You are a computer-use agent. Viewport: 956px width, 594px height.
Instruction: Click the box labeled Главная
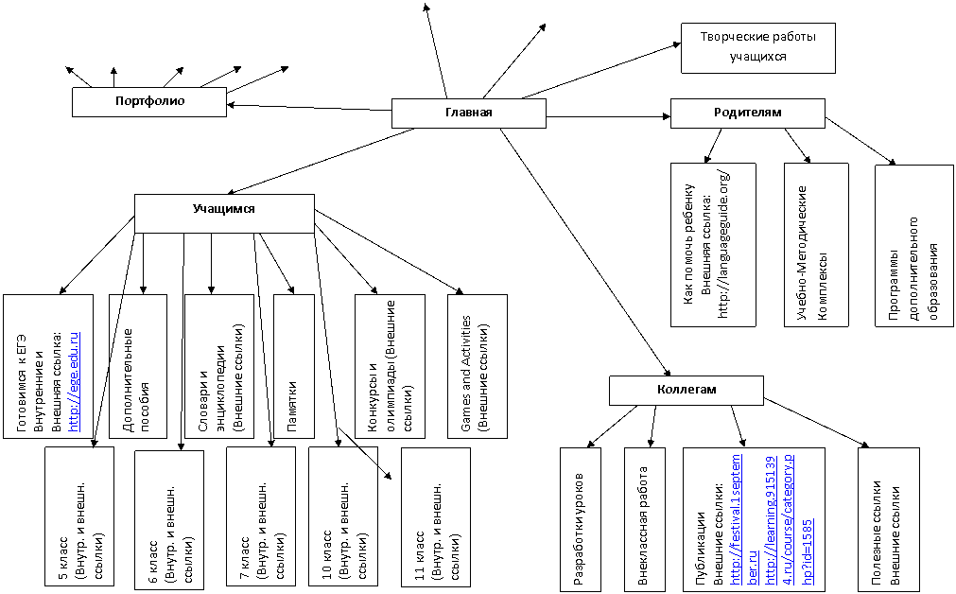(468, 113)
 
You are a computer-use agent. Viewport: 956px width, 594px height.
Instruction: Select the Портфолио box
(149, 102)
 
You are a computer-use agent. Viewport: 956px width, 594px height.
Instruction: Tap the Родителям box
(747, 113)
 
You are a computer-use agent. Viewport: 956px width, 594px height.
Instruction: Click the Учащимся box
(224, 214)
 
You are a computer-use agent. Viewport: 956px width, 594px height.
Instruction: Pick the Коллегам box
(687, 391)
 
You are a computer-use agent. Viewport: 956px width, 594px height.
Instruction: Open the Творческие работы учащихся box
(757, 48)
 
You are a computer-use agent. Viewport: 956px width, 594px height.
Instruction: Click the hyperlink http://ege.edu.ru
(74, 382)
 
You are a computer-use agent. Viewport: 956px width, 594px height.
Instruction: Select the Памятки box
(294, 367)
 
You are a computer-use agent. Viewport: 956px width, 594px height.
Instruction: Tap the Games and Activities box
(477, 367)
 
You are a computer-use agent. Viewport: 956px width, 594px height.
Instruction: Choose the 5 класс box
(79, 516)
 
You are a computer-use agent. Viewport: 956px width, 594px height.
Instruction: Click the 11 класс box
(435, 517)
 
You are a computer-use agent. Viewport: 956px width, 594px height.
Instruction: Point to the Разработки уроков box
(581, 519)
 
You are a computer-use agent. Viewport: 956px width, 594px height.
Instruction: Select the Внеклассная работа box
(645, 519)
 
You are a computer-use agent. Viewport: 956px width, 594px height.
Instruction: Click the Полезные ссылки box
(888, 519)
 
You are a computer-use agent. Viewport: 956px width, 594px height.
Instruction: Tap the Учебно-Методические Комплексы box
(816, 245)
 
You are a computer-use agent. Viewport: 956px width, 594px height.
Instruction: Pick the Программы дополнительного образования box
(914, 246)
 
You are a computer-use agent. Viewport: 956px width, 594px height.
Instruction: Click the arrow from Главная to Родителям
(608, 116)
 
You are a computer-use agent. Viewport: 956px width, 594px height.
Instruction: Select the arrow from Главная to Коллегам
(585, 252)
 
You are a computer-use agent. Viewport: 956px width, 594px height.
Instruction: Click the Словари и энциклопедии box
(218, 367)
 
